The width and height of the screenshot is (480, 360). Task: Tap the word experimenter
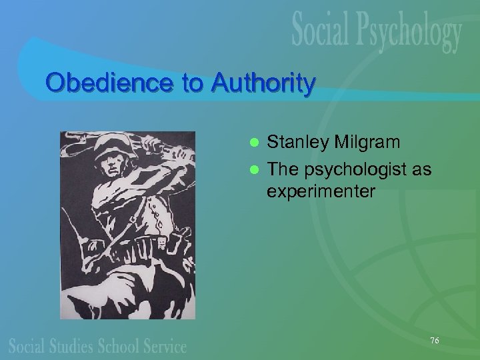click(321, 192)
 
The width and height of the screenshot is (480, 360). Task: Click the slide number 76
click(435, 341)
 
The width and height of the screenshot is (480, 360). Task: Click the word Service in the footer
click(166, 347)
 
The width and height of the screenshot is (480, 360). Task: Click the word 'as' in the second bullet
click(421, 169)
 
